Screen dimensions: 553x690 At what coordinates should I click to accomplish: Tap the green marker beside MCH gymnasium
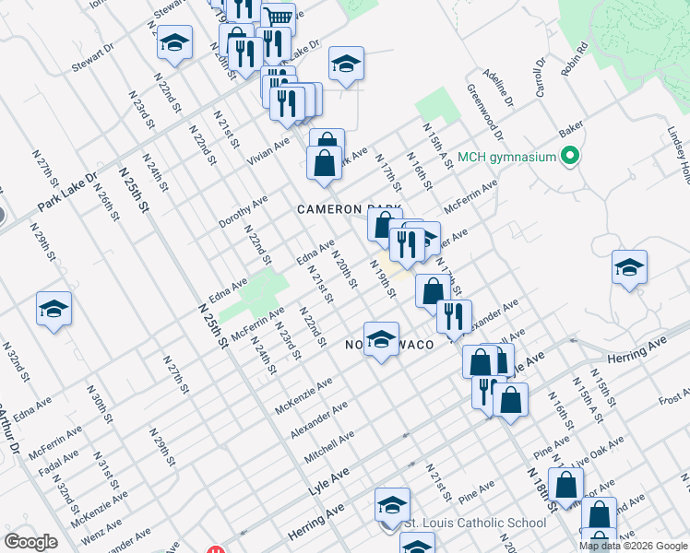tap(570, 157)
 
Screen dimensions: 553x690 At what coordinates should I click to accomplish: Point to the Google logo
tap(30, 542)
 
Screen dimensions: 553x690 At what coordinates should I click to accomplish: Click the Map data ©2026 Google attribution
tap(633, 546)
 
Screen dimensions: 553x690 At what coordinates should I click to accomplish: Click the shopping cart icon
tap(279, 18)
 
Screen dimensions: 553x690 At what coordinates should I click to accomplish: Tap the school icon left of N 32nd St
tap(54, 309)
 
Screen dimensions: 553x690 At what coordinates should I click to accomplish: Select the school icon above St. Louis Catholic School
tap(392, 504)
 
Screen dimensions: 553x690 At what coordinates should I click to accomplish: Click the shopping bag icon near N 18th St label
tap(568, 483)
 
